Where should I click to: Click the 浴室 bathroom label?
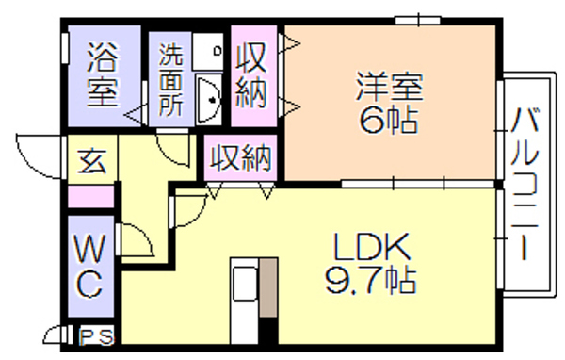coord(103,74)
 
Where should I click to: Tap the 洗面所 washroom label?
coord(171,80)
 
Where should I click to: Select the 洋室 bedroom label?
coord(390,87)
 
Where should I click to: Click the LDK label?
coord(372,246)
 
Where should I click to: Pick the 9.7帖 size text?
coord(371,280)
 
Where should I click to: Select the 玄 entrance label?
coord(92,161)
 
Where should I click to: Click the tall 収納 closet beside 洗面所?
coord(253,76)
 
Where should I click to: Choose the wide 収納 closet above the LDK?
coord(240,157)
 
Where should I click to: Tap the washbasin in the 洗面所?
coord(209,99)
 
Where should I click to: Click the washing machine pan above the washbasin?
coord(207,51)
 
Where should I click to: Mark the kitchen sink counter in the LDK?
coord(244,301)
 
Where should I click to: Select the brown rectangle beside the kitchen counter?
coord(268,287)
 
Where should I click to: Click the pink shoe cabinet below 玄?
coord(90,196)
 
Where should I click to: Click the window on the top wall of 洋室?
coord(418,20)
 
